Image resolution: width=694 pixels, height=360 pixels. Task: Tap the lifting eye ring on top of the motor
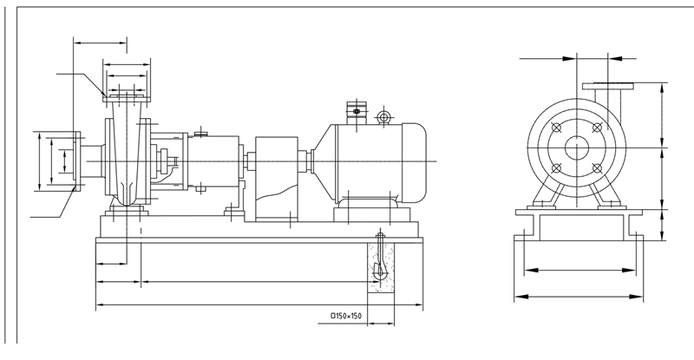[383, 117]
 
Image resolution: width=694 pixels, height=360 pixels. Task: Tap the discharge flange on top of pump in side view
[126, 95]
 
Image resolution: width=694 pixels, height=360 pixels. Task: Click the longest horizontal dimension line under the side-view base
[259, 305]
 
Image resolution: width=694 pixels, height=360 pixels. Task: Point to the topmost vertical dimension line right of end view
[663, 117]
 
